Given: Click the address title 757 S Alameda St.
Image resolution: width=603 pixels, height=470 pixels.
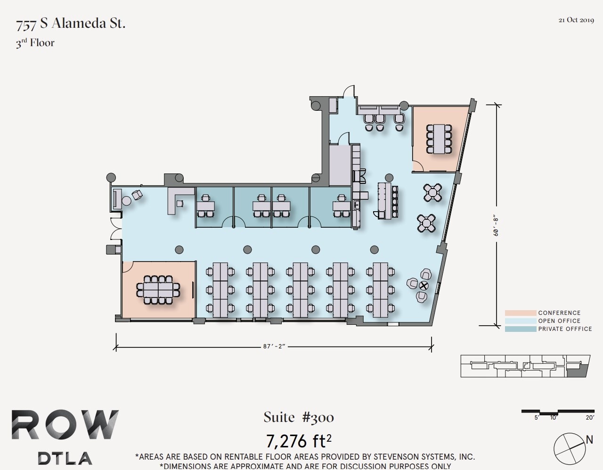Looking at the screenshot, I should click(71, 24).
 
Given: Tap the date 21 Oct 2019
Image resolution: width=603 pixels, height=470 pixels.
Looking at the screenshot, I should click(576, 20).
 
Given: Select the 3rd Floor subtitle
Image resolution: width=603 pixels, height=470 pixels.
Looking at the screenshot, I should click(35, 43).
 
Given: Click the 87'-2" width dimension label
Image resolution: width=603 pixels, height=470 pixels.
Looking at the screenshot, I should click(274, 346).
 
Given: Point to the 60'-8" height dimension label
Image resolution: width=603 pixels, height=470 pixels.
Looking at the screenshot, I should click(496, 225).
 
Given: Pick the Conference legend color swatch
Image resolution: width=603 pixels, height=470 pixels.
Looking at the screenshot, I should click(520, 313).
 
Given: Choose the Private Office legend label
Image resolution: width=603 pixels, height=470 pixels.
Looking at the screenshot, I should click(565, 329).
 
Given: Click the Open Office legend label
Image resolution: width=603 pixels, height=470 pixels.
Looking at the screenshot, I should click(559, 321).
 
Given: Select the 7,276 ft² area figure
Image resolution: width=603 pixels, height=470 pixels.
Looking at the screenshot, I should click(299, 441).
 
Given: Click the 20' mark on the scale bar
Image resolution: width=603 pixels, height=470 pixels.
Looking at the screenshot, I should click(590, 417).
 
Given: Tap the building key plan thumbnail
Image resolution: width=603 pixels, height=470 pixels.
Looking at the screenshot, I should click(525, 366).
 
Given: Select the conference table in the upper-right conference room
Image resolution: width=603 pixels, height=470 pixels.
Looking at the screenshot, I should click(439, 139).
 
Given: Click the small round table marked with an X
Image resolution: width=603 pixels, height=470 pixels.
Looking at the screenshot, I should click(424, 285).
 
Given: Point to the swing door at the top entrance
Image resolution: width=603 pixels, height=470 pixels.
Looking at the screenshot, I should click(349, 91).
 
